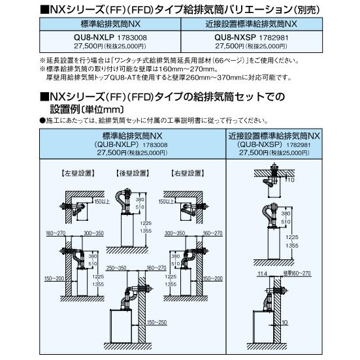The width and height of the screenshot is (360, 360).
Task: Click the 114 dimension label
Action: [261, 273]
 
